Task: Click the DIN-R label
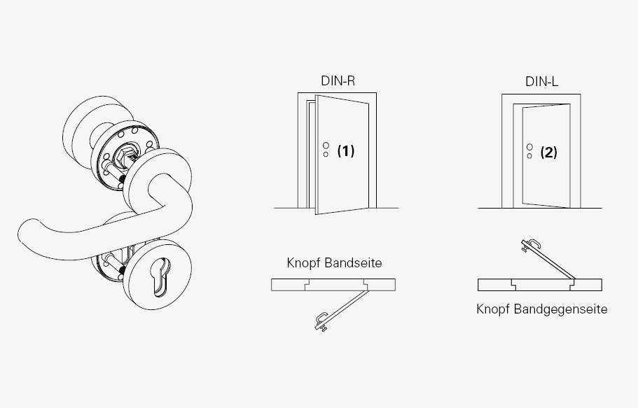click(338, 80)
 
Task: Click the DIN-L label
click(541, 81)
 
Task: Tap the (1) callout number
click(346, 151)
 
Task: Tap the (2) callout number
click(548, 153)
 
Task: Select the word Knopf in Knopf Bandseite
click(303, 262)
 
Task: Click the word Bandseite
click(353, 262)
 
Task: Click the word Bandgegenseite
click(561, 309)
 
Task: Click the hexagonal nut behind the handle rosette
click(122, 156)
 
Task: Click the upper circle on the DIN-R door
click(326, 146)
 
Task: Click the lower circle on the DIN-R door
click(326, 155)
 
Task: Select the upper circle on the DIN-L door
click(529, 147)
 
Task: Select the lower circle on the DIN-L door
click(529, 156)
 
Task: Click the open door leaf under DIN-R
click(342, 155)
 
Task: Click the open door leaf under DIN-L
click(546, 156)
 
